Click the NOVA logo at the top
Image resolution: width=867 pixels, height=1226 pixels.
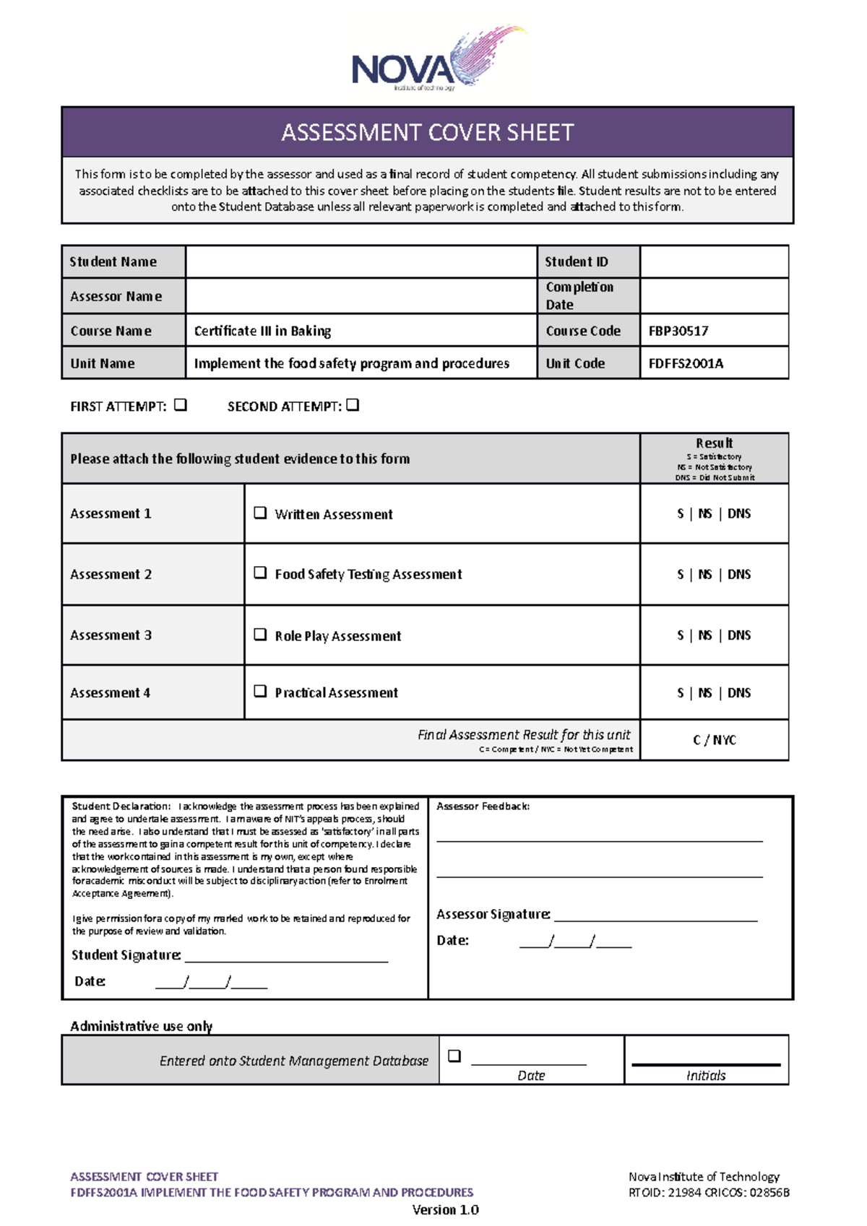point(433,61)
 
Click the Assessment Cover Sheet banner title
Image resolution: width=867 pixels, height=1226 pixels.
point(427,133)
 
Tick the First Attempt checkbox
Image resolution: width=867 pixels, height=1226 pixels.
point(181,405)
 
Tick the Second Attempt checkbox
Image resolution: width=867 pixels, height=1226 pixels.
point(353,405)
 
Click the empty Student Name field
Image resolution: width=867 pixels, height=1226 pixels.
point(361,261)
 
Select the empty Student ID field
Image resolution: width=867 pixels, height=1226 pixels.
point(714,261)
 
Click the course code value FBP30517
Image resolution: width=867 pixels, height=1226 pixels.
point(678,331)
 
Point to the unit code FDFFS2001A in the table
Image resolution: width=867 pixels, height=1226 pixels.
point(686,363)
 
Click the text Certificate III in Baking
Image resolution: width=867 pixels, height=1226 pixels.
point(262,331)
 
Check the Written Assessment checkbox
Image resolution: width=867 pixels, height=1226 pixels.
point(260,513)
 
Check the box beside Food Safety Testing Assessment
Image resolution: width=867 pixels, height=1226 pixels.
point(260,573)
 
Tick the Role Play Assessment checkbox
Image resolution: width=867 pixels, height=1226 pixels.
point(260,635)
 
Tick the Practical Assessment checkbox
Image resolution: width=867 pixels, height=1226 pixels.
point(260,691)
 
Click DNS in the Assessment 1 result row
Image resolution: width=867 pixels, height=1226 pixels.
point(739,513)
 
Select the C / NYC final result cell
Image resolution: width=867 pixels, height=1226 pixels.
point(714,740)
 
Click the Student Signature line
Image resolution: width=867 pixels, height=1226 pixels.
point(286,957)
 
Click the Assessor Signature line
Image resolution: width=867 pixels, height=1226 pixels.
point(655,917)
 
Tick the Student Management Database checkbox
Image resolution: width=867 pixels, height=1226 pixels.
point(454,1056)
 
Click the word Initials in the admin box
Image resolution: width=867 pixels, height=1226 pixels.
point(706,1075)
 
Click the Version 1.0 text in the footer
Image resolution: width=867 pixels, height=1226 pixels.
point(445,1209)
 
